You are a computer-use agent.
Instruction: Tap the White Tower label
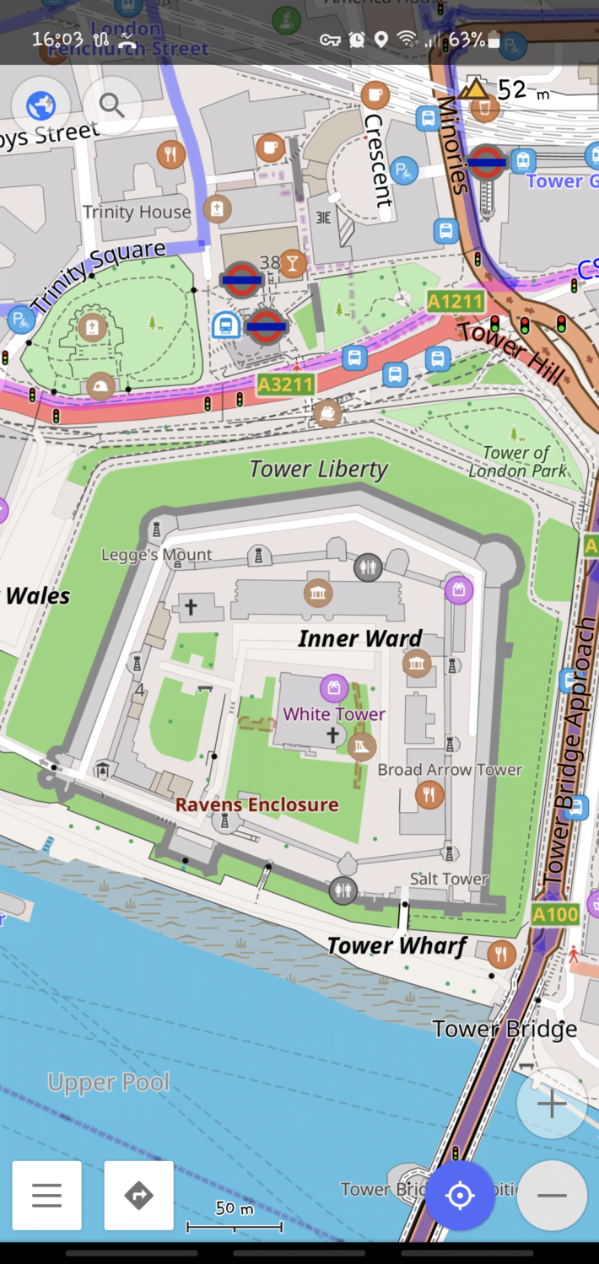(x=334, y=714)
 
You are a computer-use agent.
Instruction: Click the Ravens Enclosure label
(x=256, y=805)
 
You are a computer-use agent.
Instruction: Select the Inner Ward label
(x=359, y=638)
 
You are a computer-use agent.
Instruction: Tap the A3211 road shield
(x=285, y=385)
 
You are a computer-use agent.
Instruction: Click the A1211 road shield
(x=456, y=302)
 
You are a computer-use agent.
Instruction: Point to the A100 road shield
(x=556, y=913)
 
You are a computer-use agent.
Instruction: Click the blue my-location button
(x=460, y=1196)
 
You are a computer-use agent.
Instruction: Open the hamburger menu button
(x=47, y=1196)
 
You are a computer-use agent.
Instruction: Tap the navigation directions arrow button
(x=138, y=1196)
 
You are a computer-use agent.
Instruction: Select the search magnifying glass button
(x=111, y=106)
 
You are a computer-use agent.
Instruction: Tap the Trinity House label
(x=137, y=212)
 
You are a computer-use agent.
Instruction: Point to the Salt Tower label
(x=449, y=879)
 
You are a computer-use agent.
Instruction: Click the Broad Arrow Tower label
(x=450, y=770)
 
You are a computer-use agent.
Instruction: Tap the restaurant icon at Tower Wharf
(x=502, y=954)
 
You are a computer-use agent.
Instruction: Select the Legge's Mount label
(x=157, y=555)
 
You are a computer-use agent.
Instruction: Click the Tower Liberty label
(x=319, y=469)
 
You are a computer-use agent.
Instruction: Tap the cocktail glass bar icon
(x=292, y=263)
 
